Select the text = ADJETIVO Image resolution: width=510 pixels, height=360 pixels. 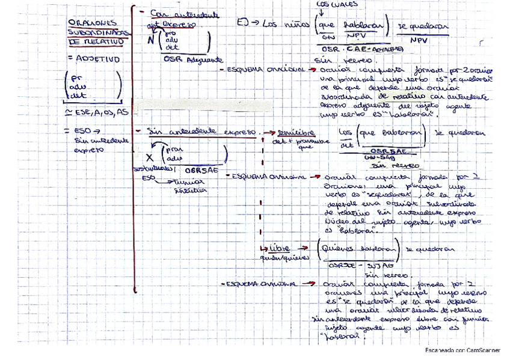coord(94,59)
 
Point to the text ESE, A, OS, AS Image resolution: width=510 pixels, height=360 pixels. coord(100,112)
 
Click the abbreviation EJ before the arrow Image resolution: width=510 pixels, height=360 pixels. coord(243,23)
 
